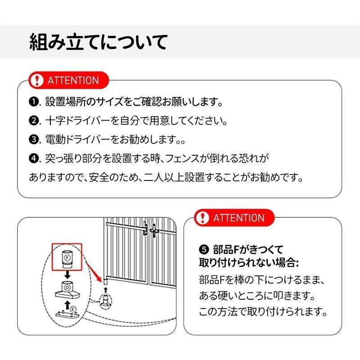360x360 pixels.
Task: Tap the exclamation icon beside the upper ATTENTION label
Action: click(x=36, y=81)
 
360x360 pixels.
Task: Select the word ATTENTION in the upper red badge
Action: click(x=72, y=81)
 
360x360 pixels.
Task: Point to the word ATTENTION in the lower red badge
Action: click(x=238, y=218)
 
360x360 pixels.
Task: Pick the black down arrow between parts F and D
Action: click(x=67, y=274)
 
